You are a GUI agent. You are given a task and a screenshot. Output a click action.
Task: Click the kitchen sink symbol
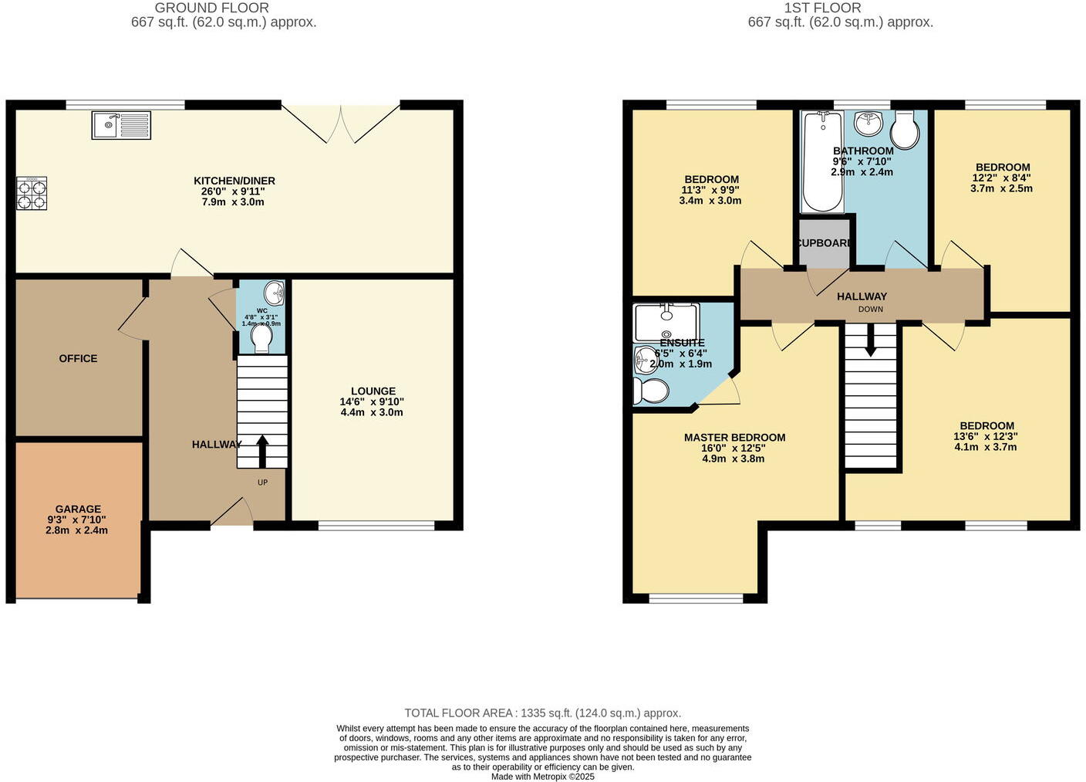[x=121, y=125]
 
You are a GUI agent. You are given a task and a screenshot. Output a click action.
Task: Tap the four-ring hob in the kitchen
[x=32, y=193]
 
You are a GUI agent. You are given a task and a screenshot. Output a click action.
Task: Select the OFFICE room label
[x=78, y=358]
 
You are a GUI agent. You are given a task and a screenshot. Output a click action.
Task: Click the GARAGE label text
[x=78, y=509]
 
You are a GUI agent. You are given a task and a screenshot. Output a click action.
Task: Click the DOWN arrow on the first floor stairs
[x=870, y=341]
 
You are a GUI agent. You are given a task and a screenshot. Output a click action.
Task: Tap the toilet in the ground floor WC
[x=262, y=338]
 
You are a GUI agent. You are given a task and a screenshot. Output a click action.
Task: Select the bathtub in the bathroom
[x=822, y=162]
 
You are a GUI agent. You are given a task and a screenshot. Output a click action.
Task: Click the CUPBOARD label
[x=824, y=243]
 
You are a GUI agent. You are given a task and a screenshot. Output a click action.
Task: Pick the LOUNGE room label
[x=373, y=391]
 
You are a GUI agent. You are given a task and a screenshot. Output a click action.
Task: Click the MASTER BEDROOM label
[x=734, y=438]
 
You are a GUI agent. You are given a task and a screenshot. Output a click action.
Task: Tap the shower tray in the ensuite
[x=666, y=321]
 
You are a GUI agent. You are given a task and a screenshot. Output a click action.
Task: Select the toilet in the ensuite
[x=651, y=391]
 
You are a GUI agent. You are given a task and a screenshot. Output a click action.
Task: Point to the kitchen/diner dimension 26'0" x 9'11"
[x=234, y=191]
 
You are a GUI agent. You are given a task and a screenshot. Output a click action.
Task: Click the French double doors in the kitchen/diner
[x=341, y=124]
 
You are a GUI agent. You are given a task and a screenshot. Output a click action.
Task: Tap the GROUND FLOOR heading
[x=212, y=8]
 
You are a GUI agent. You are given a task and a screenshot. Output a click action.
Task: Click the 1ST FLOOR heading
[x=822, y=8]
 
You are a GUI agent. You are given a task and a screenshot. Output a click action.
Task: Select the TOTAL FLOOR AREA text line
[x=542, y=713]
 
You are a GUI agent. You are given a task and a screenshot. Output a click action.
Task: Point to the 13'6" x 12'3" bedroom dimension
[x=986, y=436]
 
